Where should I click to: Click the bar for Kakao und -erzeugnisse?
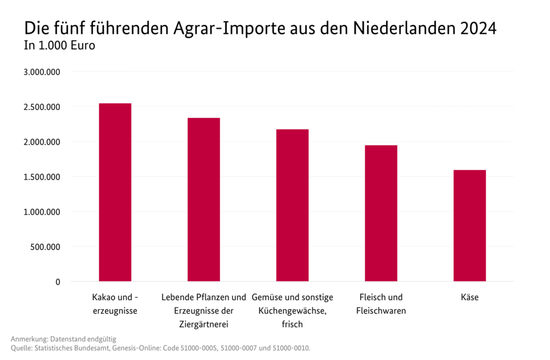click(115, 193)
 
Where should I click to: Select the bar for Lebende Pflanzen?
click(204, 200)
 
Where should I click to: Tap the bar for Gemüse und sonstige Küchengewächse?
click(292, 205)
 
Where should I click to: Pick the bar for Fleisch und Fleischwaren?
click(381, 213)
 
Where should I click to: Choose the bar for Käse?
click(469, 226)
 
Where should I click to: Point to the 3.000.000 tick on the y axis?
click(41, 72)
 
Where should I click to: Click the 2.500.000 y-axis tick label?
click(41, 107)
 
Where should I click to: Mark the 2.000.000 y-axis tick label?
click(41, 142)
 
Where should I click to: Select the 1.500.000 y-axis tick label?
click(41, 177)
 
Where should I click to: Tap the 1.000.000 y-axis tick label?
click(41, 212)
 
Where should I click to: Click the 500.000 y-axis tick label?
click(45, 247)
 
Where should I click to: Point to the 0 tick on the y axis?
click(58, 282)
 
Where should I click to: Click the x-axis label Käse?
click(469, 298)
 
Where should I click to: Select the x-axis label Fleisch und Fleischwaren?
click(381, 304)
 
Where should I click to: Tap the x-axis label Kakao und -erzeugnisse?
click(115, 304)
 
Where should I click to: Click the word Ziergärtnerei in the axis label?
click(204, 324)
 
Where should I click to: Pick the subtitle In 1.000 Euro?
click(59, 45)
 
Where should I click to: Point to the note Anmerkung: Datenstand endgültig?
click(63, 339)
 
